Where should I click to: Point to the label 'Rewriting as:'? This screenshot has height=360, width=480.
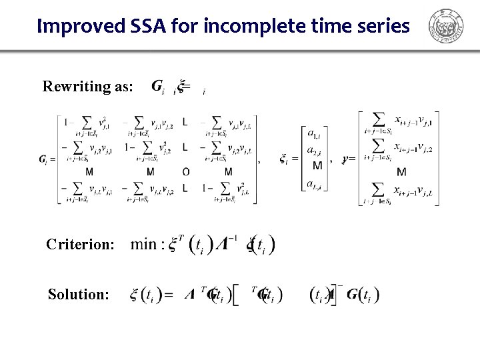click(x=88, y=87)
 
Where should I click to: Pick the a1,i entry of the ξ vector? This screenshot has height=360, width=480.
click(x=311, y=135)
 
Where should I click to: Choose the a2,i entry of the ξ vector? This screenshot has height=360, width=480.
click(x=311, y=151)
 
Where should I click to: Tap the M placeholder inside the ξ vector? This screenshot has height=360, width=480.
click(x=317, y=166)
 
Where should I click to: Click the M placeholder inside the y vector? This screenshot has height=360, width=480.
click(x=401, y=173)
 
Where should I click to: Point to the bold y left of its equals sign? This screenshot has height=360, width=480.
click(x=344, y=159)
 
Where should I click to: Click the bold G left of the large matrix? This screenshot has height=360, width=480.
click(x=43, y=159)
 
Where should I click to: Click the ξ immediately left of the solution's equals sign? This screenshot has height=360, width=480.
click(x=135, y=294)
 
